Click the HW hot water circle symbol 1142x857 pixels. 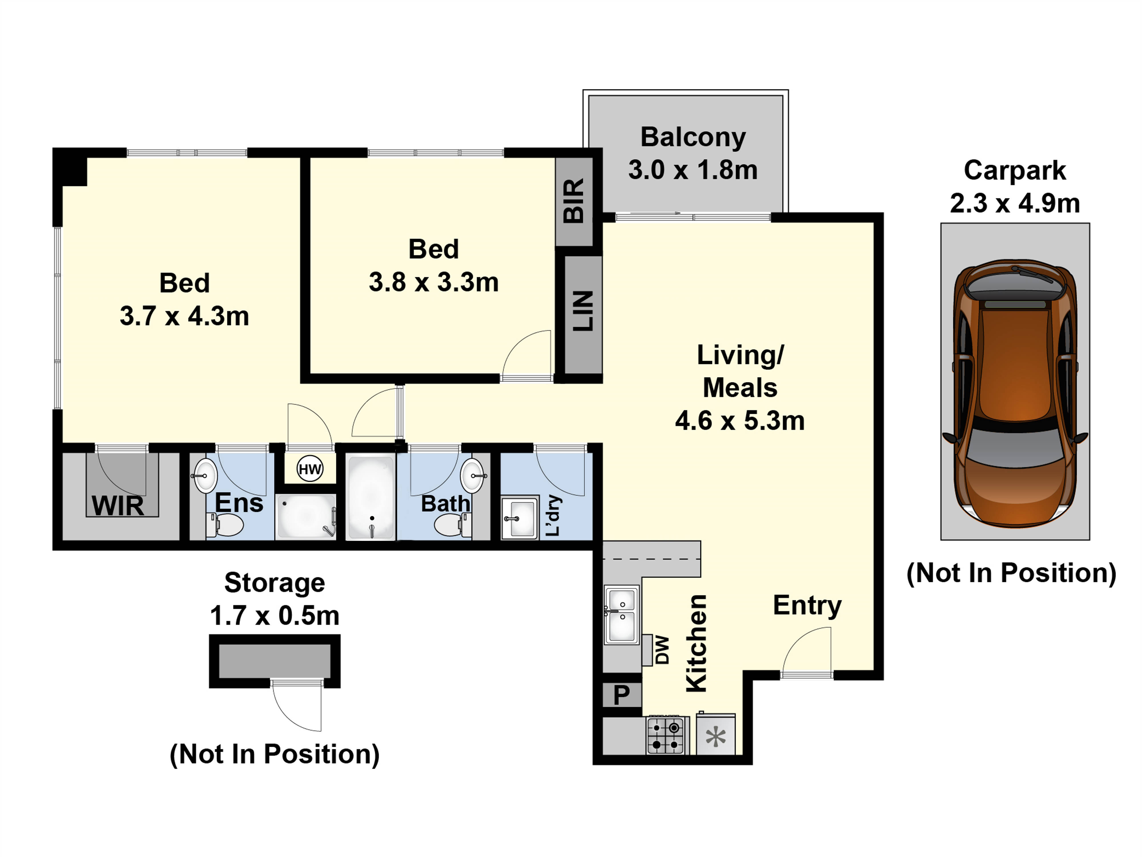pos(310,469)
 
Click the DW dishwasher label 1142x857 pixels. pos(662,650)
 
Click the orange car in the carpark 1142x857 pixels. pos(1015,394)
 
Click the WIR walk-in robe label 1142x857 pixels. pos(118,506)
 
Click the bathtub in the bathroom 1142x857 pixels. pos(371,498)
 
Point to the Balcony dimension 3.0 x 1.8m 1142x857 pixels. pos(693,170)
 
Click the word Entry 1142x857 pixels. pos(807,606)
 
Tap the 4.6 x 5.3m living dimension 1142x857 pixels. pos(740,421)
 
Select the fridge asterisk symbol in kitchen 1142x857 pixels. pos(715,737)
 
